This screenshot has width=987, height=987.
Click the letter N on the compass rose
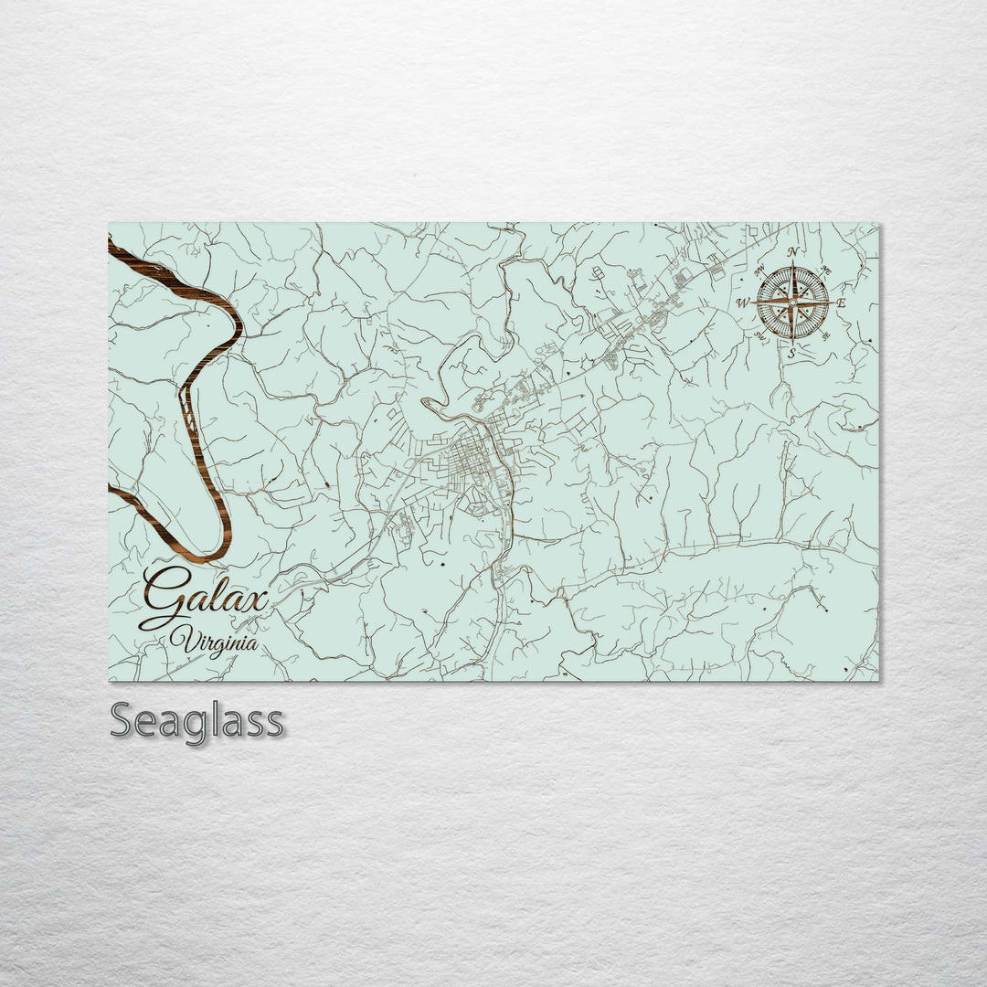792,252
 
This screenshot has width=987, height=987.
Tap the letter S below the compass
792,352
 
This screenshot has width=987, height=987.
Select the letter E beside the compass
842,302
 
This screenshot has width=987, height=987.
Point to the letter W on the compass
743,302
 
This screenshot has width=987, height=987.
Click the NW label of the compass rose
759,269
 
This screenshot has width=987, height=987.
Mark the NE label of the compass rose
826,270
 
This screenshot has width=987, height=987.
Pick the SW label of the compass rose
759,335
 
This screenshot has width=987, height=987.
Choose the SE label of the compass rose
826,335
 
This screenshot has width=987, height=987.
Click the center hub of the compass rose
792,302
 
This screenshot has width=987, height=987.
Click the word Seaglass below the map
196,721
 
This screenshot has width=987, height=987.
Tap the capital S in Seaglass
122,720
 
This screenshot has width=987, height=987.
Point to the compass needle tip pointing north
792,266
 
